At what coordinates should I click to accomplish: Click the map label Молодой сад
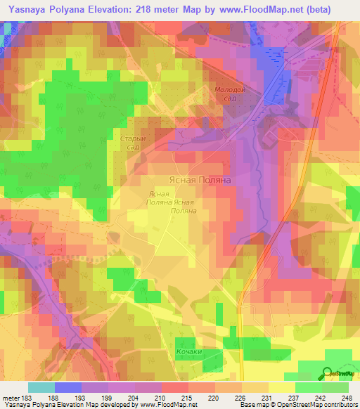(230, 93)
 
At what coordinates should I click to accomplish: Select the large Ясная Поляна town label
(200, 180)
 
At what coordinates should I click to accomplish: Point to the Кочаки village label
(189, 351)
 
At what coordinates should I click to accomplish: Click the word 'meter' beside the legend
(12, 397)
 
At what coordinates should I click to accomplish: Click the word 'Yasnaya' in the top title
(25, 9)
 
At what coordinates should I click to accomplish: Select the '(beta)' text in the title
(333, 9)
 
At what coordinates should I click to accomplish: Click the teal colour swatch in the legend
(41, 387)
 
